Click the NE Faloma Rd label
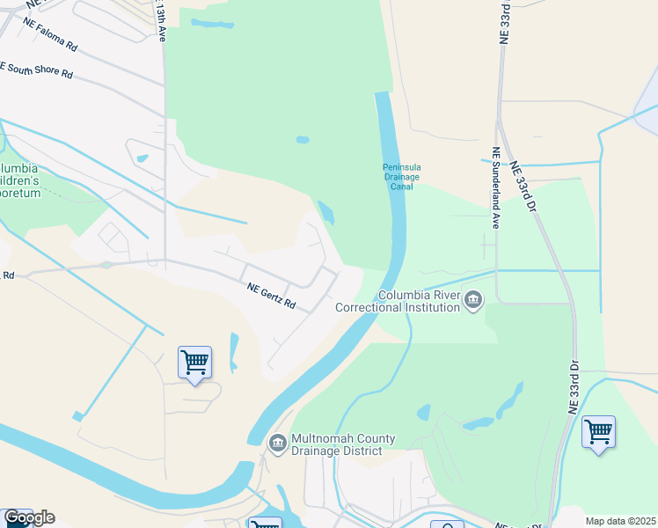point(50,33)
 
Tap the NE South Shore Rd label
point(36,70)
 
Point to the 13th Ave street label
point(161,21)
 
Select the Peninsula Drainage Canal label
point(400,177)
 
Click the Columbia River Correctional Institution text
point(419,302)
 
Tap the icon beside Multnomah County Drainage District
point(277,442)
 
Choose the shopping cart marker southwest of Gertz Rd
point(194,363)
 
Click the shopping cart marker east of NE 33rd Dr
point(598,432)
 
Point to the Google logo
point(29,517)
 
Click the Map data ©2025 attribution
point(620,521)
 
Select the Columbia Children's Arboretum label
point(19,180)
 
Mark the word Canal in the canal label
point(400,186)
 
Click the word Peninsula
point(400,167)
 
